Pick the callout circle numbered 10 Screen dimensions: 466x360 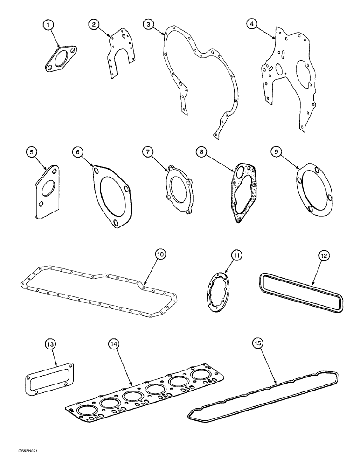160,254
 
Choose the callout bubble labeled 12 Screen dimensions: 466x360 324,255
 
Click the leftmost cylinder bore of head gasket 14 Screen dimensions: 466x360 86,411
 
